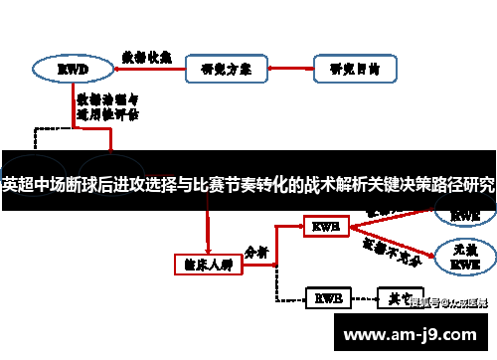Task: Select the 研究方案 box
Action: tap(226, 70)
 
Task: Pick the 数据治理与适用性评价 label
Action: tap(106, 106)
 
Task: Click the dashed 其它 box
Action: tap(394, 297)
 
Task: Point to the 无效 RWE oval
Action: tap(464, 260)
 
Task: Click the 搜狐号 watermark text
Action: tap(448, 303)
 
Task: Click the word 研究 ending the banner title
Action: tap(478, 185)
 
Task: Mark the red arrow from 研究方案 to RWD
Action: tap(148, 70)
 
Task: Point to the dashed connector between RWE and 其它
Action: tap(361, 297)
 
